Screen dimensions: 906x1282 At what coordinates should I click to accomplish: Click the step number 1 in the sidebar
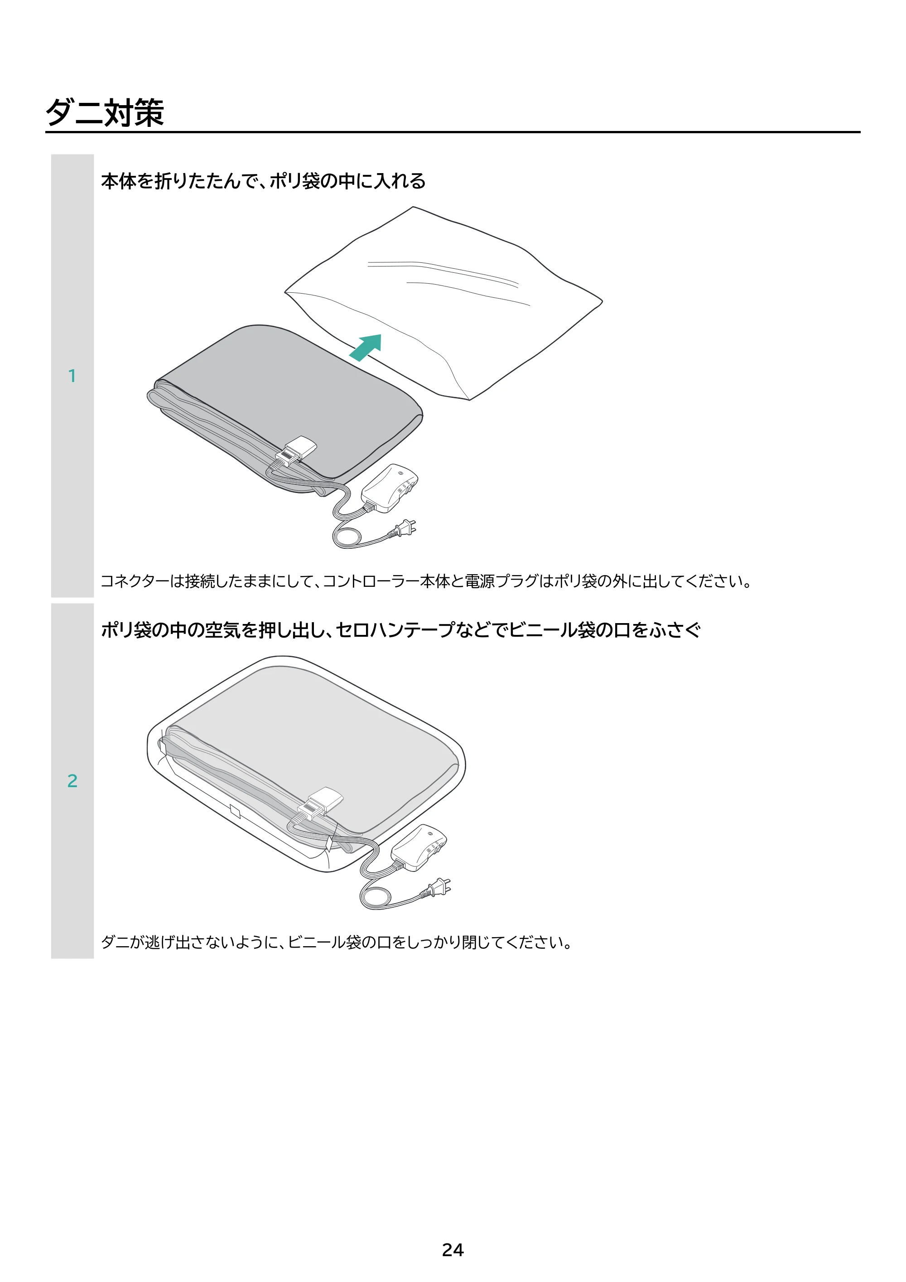[x=72, y=376]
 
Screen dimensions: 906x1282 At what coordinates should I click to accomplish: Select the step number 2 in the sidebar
[x=72, y=781]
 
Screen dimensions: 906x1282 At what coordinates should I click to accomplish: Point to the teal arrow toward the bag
[x=366, y=347]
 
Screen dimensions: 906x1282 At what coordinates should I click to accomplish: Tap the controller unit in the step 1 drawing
[x=390, y=488]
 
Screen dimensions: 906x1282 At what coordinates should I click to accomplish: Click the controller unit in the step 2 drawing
[x=419, y=847]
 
